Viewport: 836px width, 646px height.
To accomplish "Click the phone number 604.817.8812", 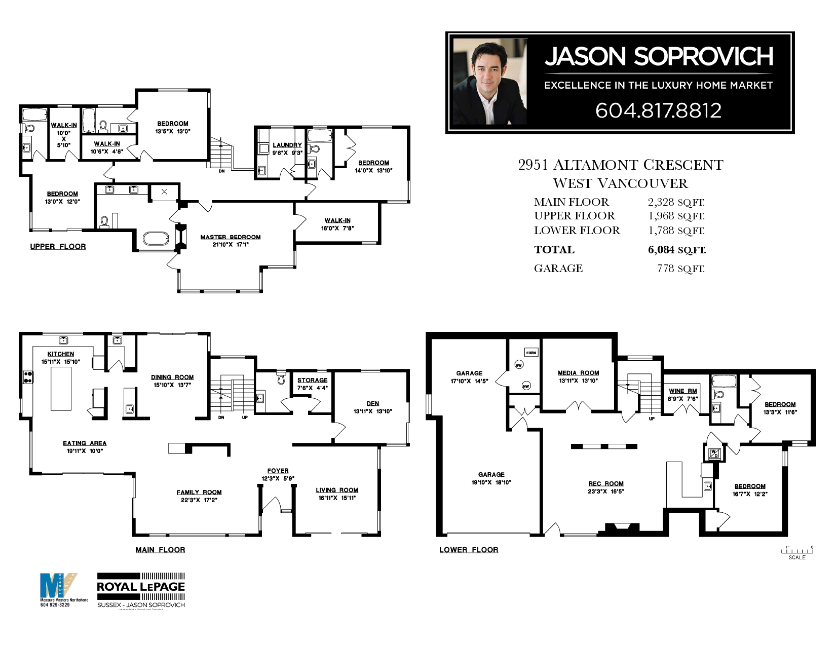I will pos(658,110).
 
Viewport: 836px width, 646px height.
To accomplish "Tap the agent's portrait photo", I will pos(489,82).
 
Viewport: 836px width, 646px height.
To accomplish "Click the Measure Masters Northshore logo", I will pos(58,588).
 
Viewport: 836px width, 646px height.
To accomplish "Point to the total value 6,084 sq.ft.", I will pos(676,250).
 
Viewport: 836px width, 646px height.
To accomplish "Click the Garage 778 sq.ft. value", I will pos(680,269).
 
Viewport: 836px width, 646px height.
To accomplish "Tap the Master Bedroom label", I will pos(231,237).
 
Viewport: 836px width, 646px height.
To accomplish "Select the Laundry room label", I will pos(287,145).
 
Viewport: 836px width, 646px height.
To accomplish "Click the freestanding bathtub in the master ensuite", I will pos(156,238).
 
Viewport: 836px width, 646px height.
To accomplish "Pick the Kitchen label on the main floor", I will pos(61,354).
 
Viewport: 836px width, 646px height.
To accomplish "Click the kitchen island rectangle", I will pos(61,389).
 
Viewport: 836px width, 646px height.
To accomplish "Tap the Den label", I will pos(373,403).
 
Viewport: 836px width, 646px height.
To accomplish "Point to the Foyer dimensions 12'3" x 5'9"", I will pos(278,478).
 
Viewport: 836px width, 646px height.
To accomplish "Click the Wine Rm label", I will pos(683,391).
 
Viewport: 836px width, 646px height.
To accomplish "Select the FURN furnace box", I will pos(531,353).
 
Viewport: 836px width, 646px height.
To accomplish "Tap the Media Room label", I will pos(578,373).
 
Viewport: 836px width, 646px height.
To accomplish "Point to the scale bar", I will pos(797,551).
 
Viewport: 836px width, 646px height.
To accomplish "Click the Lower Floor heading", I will pos(469,550).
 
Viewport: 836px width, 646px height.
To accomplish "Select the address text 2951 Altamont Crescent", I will pos(621,165).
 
